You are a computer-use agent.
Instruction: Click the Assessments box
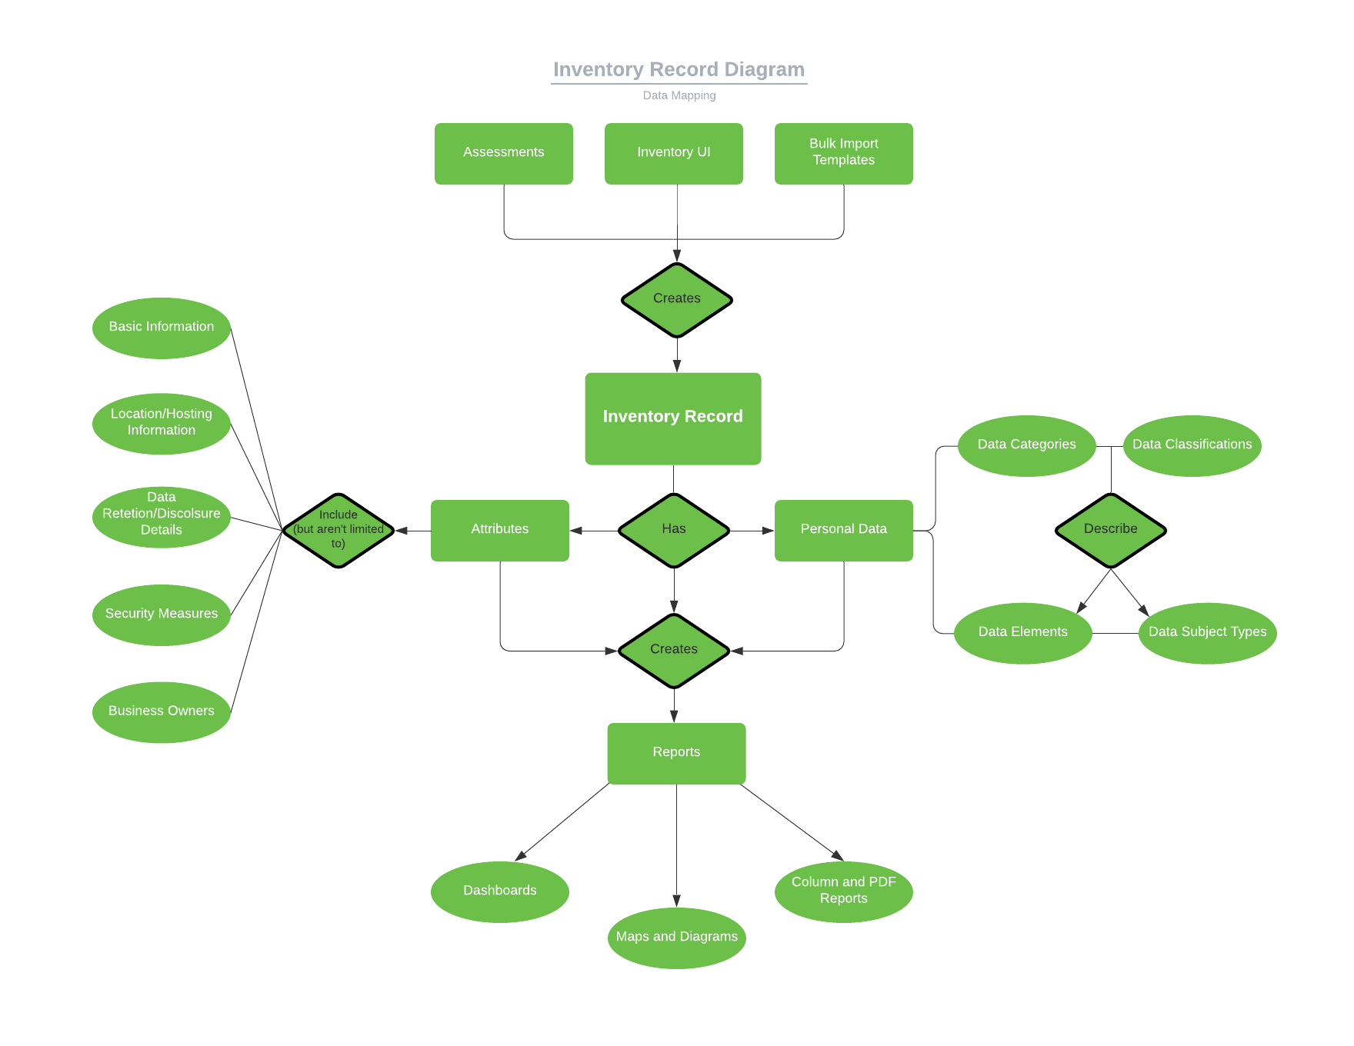click(x=503, y=153)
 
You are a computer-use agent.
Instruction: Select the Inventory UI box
click(x=673, y=153)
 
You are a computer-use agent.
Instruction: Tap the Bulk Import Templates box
click(x=843, y=153)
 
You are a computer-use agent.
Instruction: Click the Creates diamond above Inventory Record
click(x=676, y=299)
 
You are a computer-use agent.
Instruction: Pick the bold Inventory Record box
click(x=672, y=418)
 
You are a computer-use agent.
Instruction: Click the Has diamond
click(x=673, y=530)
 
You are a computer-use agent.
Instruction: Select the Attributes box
click(x=499, y=530)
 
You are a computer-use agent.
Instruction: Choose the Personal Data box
click(x=843, y=530)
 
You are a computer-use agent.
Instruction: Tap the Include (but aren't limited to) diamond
click(x=338, y=530)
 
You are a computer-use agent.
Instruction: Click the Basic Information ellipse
click(x=161, y=328)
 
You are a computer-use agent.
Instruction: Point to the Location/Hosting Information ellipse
click(x=161, y=423)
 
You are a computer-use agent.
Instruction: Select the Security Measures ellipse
click(x=161, y=615)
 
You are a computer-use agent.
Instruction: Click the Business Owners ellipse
click(x=161, y=711)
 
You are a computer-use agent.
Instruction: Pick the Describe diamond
click(x=1110, y=530)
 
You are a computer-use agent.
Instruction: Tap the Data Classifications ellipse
click(x=1192, y=445)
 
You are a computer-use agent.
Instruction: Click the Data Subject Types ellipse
click(x=1207, y=632)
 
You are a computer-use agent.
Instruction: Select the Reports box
click(x=676, y=753)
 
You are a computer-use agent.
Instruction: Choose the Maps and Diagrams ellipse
click(x=676, y=938)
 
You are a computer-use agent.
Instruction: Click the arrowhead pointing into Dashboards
click(x=521, y=856)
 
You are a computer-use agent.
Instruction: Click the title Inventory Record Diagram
click(x=679, y=70)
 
